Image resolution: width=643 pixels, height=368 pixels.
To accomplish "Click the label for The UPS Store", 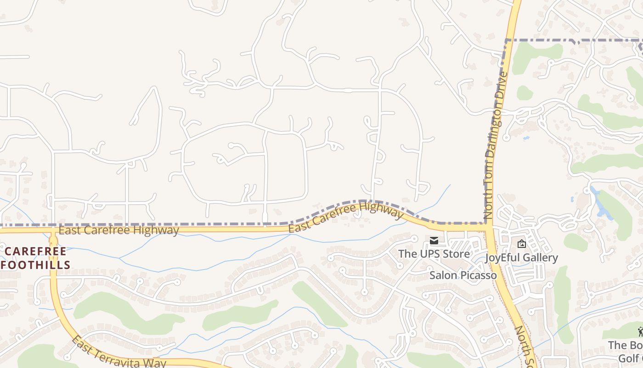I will [434, 253].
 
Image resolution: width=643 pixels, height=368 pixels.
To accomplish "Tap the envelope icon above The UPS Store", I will [434, 241].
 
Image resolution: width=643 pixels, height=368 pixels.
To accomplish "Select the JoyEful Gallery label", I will [521, 258].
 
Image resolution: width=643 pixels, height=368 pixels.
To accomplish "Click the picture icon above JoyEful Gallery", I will [521, 244].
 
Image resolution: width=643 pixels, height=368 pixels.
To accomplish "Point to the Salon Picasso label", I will [463, 275].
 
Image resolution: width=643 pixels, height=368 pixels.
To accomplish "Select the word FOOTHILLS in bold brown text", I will [36, 265].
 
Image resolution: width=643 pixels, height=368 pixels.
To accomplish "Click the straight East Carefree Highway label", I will [118, 230].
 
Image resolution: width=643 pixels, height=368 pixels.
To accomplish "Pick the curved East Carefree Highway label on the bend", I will [345, 217].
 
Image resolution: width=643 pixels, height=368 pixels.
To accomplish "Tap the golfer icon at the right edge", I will [640, 332].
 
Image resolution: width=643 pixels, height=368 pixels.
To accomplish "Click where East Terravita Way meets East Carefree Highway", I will [53, 230].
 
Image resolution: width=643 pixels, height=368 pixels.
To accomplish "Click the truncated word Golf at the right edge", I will [618, 358].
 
